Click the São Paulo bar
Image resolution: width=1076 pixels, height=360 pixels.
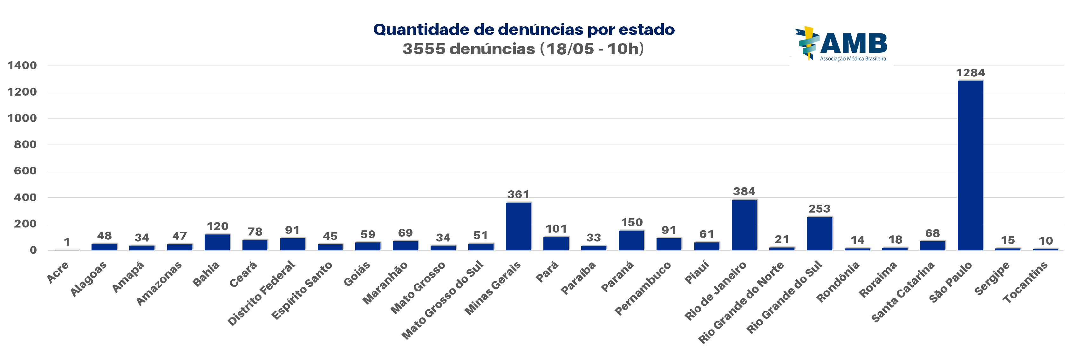(x=970, y=165)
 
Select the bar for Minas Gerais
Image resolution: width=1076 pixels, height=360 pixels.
(x=518, y=226)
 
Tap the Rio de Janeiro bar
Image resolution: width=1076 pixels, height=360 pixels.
(x=744, y=225)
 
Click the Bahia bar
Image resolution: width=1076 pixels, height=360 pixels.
(x=217, y=242)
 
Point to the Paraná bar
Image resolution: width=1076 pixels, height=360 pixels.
(x=631, y=240)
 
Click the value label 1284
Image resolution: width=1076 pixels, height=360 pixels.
(x=970, y=73)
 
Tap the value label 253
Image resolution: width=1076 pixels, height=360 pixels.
(x=819, y=208)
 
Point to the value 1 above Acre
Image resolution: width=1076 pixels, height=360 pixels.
(x=67, y=242)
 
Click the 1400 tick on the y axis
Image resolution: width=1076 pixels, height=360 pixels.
(x=22, y=65)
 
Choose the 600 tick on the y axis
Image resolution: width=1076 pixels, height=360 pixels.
(x=25, y=171)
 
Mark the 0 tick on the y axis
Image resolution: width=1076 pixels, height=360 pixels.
(x=33, y=250)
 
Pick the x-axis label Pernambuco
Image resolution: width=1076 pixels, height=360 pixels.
(x=643, y=288)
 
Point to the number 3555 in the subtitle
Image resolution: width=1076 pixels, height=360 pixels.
(x=424, y=49)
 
